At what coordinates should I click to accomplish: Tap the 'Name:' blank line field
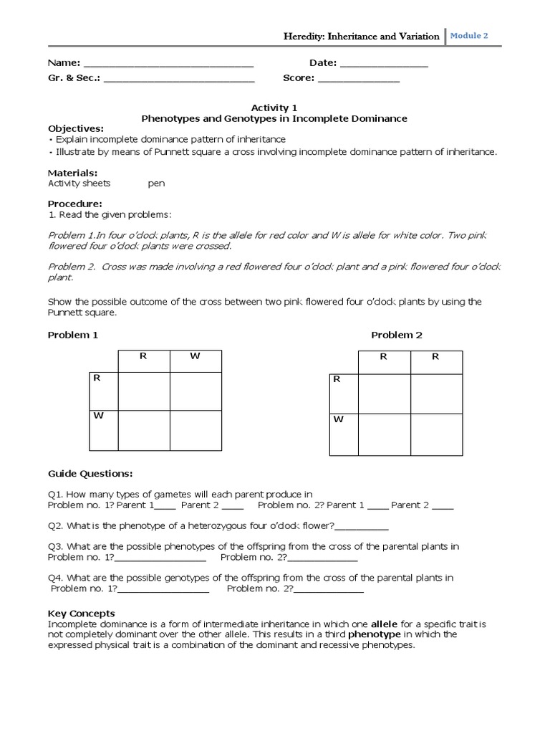(168, 64)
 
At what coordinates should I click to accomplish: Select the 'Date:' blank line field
(384, 64)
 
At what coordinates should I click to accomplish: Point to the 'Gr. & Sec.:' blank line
(179, 79)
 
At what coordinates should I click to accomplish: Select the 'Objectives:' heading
(76, 128)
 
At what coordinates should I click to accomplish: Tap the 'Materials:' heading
(72, 173)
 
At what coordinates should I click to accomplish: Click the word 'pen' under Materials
(156, 183)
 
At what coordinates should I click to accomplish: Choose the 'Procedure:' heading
(74, 204)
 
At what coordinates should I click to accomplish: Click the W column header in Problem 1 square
(195, 356)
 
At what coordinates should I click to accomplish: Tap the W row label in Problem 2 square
(337, 420)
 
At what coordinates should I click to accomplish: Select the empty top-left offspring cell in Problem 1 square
(144, 391)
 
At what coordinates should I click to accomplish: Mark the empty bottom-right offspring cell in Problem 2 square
(436, 434)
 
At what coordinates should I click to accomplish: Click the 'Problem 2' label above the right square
(396, 335)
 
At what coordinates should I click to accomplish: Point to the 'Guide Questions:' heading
(90, 474)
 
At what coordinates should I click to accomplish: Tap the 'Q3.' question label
(56, 546)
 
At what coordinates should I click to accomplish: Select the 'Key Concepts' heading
(81, 614)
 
